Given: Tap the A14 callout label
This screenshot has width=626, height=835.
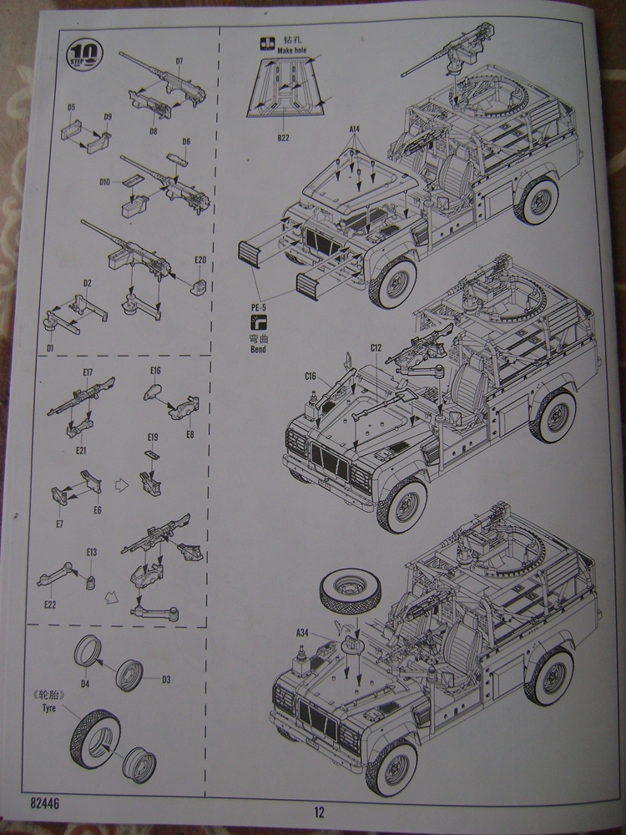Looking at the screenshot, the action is [354, 129].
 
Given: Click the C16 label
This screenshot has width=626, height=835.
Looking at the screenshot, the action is [310, 377].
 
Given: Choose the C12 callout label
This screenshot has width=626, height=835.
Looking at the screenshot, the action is [376, 347].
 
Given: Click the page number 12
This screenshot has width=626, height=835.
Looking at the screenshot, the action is [319, 811].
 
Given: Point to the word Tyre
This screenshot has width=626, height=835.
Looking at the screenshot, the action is [68, 709].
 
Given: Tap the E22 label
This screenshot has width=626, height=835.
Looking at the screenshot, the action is [50, 605].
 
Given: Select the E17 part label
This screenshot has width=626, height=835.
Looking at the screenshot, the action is [88, 372].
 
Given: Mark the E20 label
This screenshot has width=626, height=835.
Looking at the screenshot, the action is [199, 261].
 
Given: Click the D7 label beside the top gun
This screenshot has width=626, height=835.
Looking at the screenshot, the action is [179, 61].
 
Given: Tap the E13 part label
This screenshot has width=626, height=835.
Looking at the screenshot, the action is [91, 552].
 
